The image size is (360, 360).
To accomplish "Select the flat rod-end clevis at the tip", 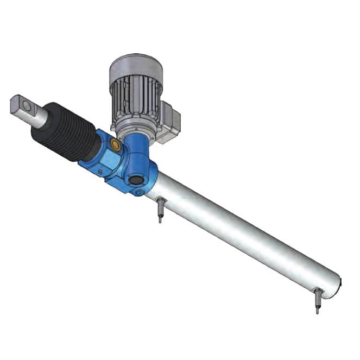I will tap(20, 104).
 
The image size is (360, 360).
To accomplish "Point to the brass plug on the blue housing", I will tap(116, 144).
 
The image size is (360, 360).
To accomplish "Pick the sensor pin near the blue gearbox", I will tap(161, 210).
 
